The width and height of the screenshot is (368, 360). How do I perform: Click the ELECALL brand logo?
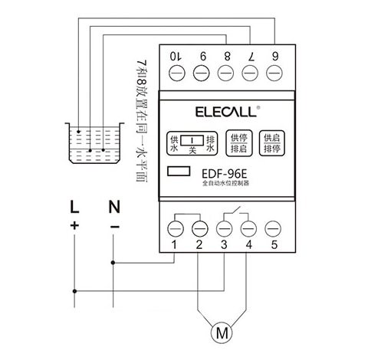226,112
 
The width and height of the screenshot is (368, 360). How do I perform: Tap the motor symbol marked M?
222,332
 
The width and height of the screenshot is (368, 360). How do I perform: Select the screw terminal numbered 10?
177,73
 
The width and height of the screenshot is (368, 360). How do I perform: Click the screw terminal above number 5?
273,228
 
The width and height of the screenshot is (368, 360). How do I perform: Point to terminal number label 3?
224,244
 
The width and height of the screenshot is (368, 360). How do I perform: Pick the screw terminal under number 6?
274,73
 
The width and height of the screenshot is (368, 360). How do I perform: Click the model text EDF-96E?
225,174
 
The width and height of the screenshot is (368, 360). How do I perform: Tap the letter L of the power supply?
74,207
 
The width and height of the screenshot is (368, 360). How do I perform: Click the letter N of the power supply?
114,207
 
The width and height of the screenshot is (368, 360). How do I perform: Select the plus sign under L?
74,225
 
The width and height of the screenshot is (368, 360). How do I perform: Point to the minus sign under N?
115,227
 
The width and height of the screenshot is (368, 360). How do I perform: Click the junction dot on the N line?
113,263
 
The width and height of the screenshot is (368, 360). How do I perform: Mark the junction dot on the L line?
74,291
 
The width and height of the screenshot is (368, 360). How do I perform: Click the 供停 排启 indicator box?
239,143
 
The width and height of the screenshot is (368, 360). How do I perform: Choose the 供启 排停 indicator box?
272,143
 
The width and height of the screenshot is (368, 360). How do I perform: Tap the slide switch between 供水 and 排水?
192,140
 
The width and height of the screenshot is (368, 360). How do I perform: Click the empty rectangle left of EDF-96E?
179,171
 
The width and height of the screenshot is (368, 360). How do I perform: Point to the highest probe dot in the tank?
79,132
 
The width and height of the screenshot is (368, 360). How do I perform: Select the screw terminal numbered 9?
201,73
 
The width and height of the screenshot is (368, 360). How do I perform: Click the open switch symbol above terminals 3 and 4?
236,213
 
